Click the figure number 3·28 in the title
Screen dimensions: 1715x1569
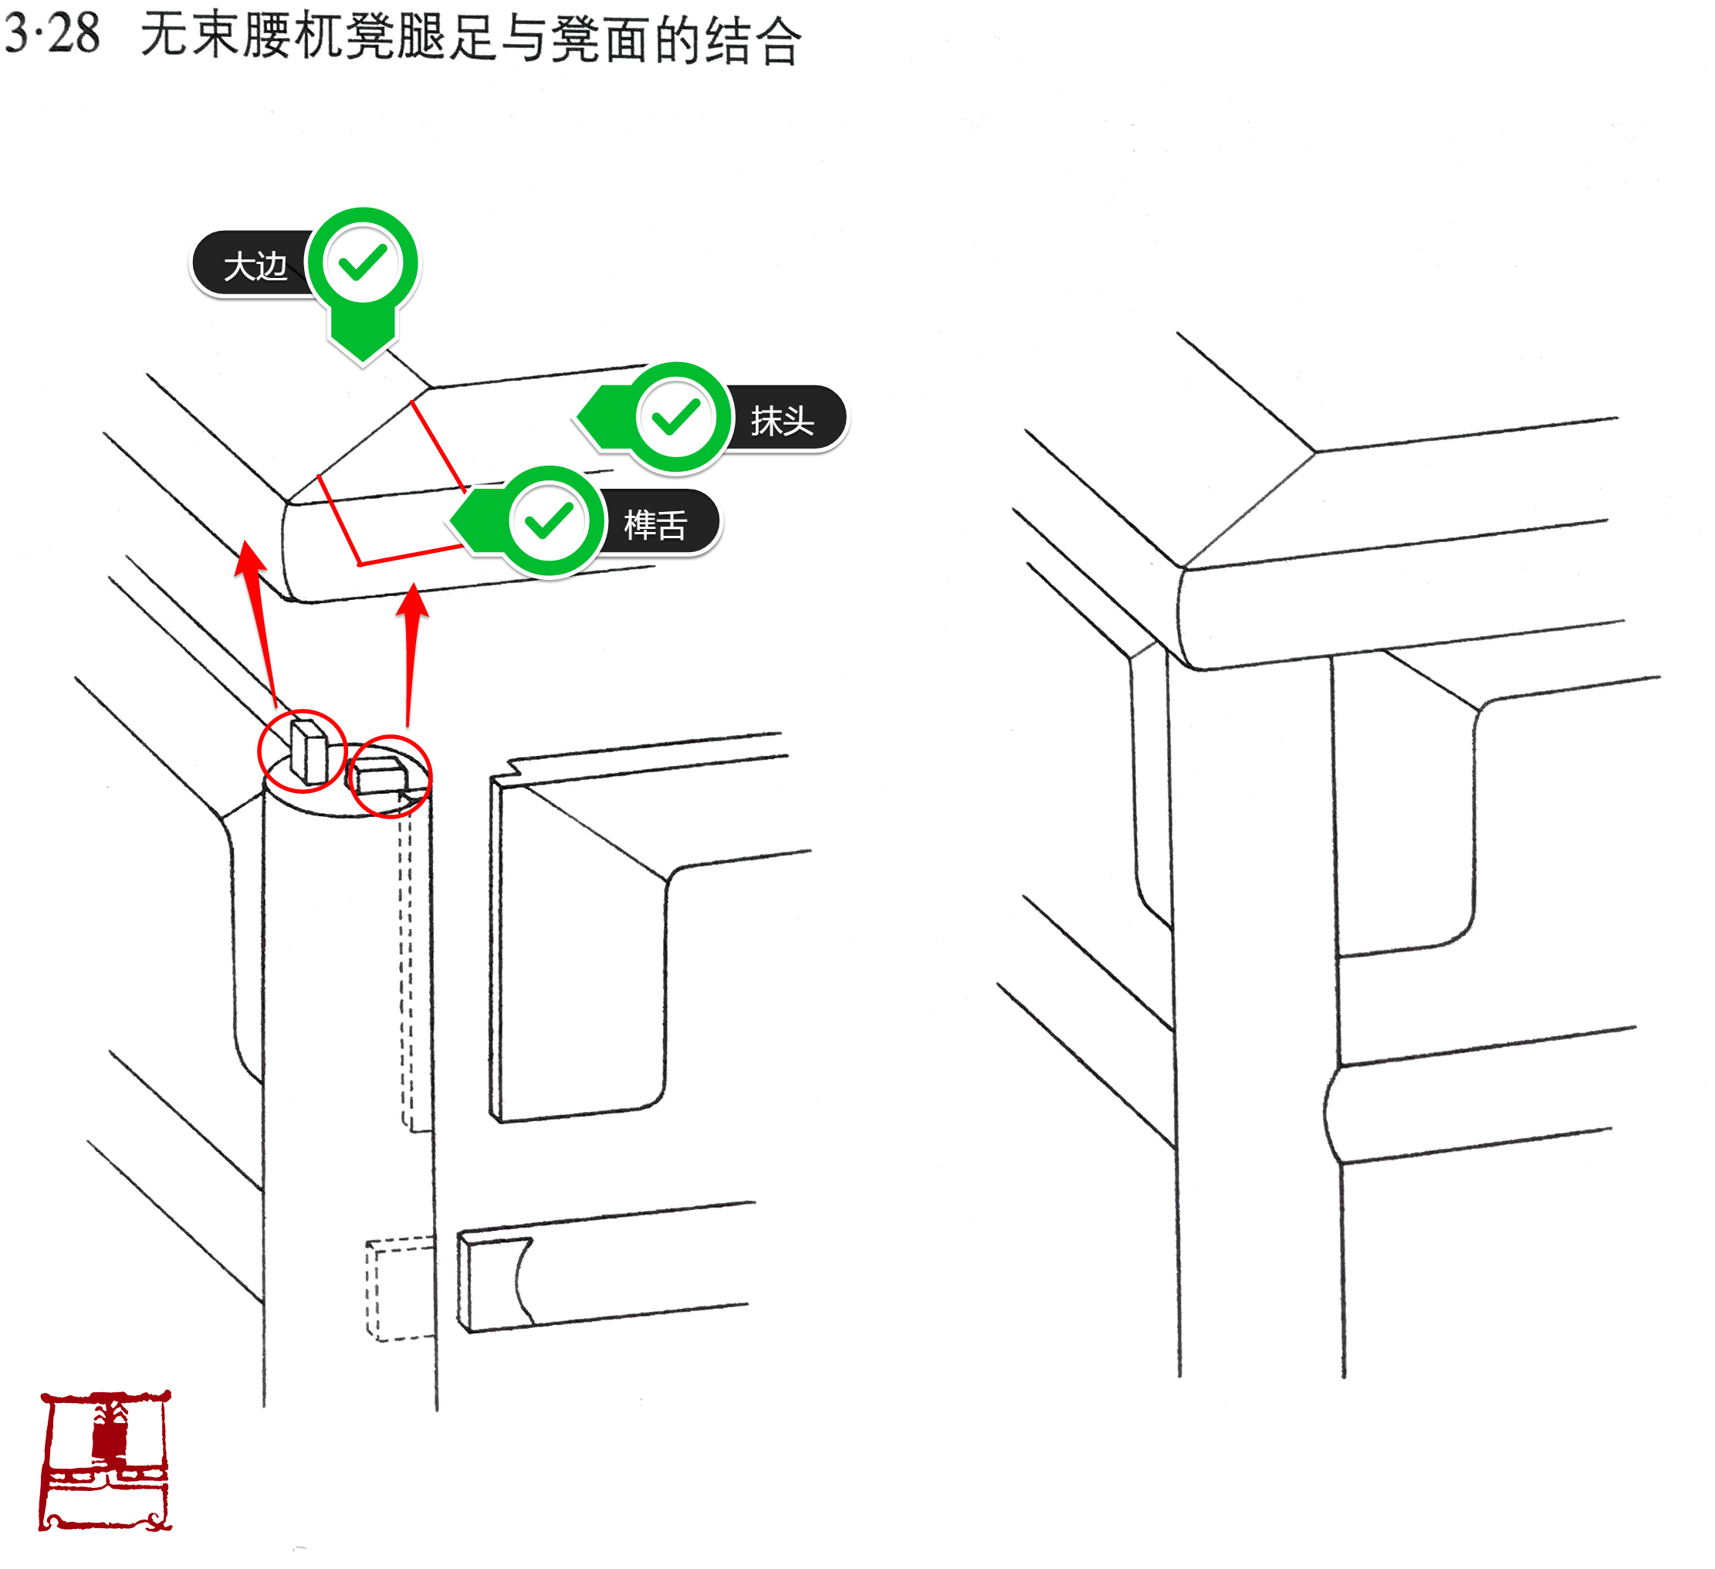pyautogui.click(x=52, y=34)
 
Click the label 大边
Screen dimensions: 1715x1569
pyautogui.click(x=255, y=266)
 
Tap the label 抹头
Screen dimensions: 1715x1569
pyautogui.click(x=782, y=420)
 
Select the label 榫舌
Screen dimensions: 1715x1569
pyautogui.click(x=655, y=524)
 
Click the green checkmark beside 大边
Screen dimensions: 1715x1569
pyautogui.click(x=363, y=263)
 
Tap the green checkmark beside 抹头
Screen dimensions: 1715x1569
pyautogui.click(x=675, y=417)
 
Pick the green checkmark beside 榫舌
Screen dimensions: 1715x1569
pyautogui.click(x=549, y=520)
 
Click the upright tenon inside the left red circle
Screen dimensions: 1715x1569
pyautogui.click(x=308, y=751)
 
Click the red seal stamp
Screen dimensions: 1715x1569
pyautogui.click(x=106, y=1460)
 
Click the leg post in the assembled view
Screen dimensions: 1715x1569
pyautogui.click(x=1255, y=1021)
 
